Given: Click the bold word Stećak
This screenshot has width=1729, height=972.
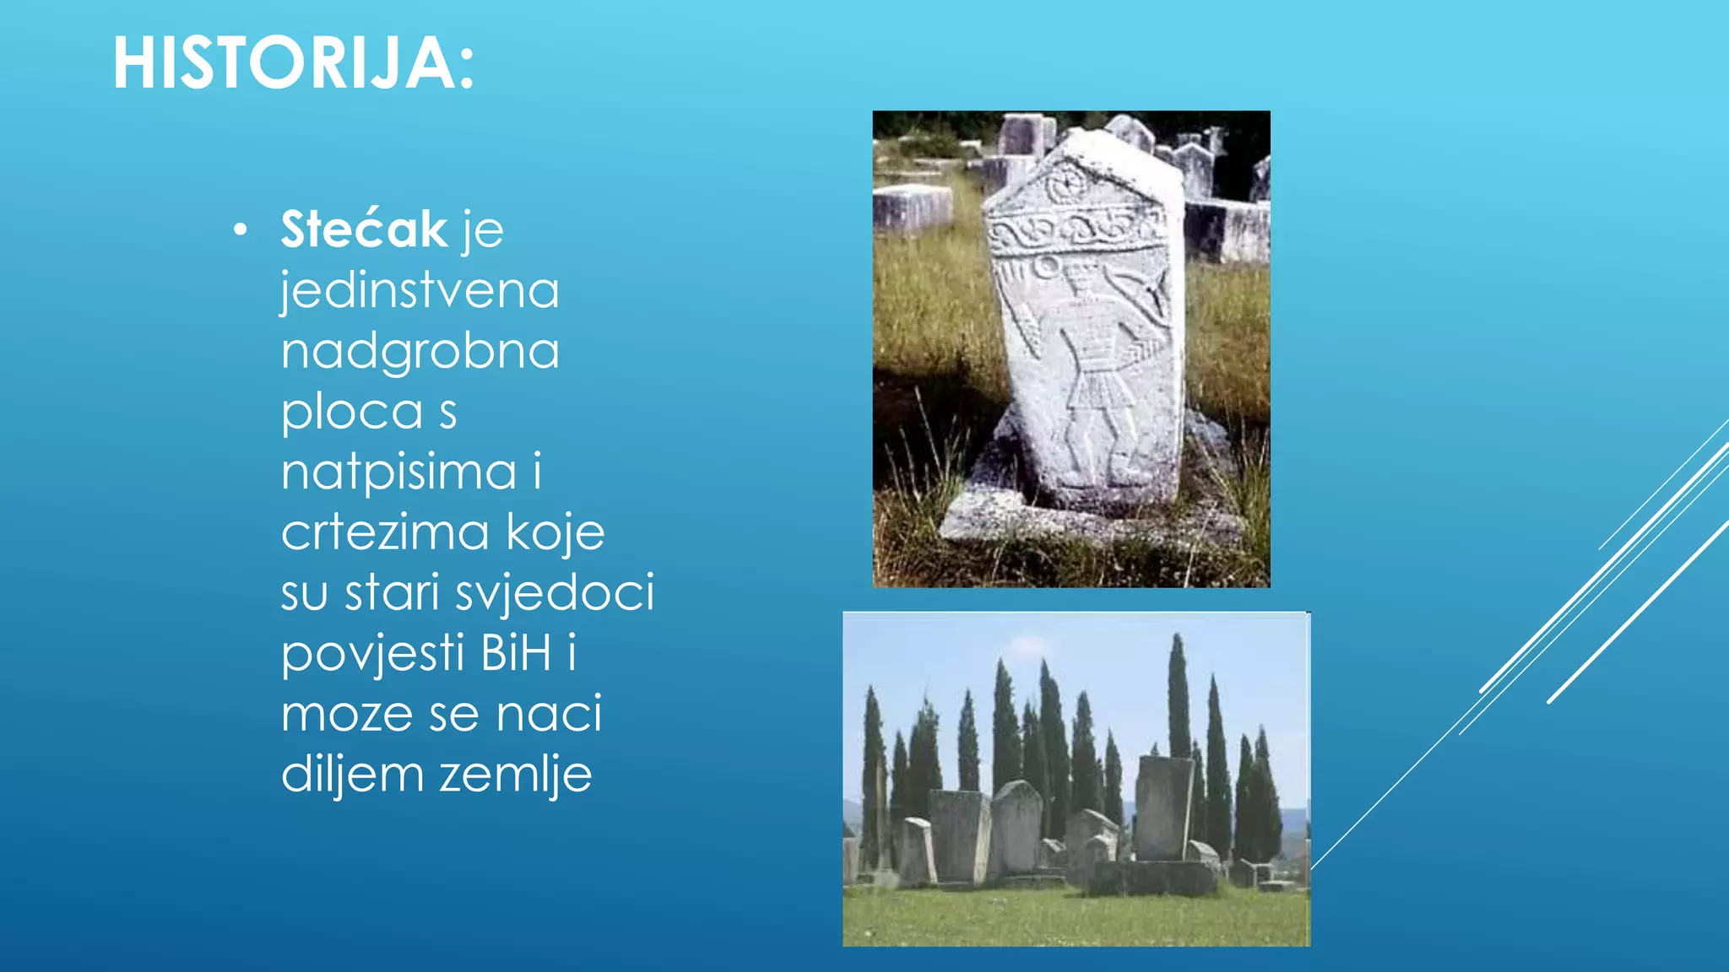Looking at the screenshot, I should pyautogui.click(x=364, y=229).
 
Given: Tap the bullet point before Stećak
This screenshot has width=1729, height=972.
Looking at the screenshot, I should pyautogui.click(x=241, y=229).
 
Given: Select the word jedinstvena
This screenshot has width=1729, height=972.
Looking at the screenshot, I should pyautogui.click(x=420, y=290).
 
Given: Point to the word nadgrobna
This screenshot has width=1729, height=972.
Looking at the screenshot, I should pyautogui.click(x=420, y=351).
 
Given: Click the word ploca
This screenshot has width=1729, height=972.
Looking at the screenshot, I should pyautogui.click(x=352, y=412).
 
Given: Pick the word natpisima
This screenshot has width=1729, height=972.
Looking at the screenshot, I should pyautogui.click(x=398, y=472).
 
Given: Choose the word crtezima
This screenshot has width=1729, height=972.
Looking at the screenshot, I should pyautogui.click(x=384, y=532).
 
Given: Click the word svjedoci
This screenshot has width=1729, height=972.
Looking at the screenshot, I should pyautogui.click(x=555, y=593).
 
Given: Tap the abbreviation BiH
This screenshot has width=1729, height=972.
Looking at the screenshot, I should pyautogui.click(x=516, y=653).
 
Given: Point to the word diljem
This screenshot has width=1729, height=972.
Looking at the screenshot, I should pyautogui.click(x=352, y=775).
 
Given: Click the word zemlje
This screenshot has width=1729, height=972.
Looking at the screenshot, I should pyautogui.click(x=515, y=775).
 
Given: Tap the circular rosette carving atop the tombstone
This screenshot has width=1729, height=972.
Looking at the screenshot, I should pyautogui.click(x=1068, y=183).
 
